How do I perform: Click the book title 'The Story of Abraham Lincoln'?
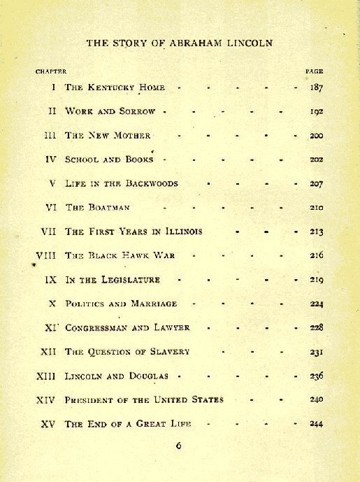click(x=180, y=43)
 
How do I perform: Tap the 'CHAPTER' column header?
click(x=51, y=71)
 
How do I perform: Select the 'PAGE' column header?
click(x=314, y=71)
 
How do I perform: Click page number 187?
click(x=315, y=87)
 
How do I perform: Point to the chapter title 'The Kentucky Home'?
click(x=115, y=87)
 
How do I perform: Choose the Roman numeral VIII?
click(x=45, y=255)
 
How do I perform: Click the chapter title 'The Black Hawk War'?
click(x=120, y=255)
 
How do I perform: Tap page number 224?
click(x=316, y=304)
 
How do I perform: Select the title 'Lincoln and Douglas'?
click(x=116, y=376)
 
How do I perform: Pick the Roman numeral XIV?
click(x=45, y=399)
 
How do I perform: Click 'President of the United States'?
click(x=144, y=399)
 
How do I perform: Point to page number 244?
click(x=316, y=423)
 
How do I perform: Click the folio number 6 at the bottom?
click(x=178, y=446)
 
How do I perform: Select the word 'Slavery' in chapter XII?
click(x=166, y=352)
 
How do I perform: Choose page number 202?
click(x=316, y=160)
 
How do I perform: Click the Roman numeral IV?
click(x=50, y=160)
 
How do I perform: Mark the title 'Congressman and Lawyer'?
click(x=127, y=327)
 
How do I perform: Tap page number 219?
click(x=316, y=280)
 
